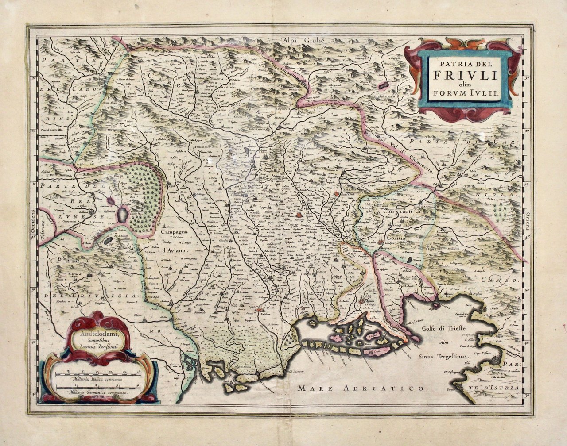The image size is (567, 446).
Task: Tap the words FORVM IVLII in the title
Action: point(463,94)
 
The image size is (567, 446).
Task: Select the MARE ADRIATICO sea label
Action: point(361,388)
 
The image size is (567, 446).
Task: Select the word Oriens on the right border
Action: point(528,220)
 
